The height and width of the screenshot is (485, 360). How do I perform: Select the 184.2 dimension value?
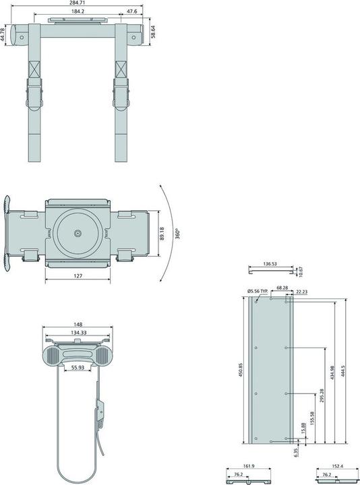(x=78, y=12)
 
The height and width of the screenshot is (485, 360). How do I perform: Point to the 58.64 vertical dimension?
(x=154, y=32)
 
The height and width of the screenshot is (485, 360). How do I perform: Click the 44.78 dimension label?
(x=3, y=34)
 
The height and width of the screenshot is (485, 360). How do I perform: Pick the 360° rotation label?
(x=177, y=234)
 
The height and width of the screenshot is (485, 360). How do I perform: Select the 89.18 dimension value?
(x=161, y=234)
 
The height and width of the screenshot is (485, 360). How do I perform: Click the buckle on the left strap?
(x=34, y=91)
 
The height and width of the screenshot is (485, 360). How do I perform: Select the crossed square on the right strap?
(x=121, y=69)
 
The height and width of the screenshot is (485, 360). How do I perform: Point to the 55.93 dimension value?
(x=76, y=368)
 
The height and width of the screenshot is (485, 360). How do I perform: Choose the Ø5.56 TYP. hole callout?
(x=257, y=290)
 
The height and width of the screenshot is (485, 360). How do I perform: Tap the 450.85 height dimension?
(x=241, y=371)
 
